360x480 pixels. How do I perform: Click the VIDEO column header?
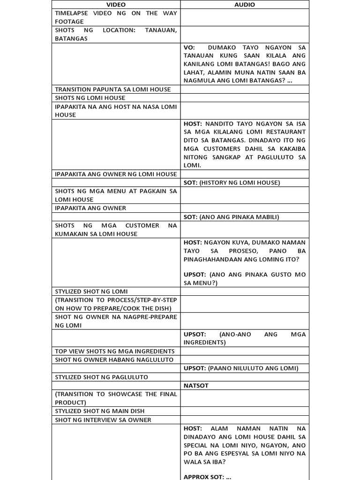point(116,5)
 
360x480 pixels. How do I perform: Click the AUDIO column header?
point(245,5)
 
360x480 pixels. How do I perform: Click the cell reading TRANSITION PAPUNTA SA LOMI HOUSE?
point(113,89)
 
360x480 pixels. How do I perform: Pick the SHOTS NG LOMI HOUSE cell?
point(90,98)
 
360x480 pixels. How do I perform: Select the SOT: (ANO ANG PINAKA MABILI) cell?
point(232,217)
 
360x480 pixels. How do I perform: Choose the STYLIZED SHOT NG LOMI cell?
point(91,292)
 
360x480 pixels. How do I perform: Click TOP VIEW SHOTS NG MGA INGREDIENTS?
point(114,351)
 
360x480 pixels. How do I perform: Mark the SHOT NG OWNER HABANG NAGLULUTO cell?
point(114,360)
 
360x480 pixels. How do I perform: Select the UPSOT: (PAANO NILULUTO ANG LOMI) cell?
point(240,368)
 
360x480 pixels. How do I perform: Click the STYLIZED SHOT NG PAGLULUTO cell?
point(101,377)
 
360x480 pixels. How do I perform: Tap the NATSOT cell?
point(196,386)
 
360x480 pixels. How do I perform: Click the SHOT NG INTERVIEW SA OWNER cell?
point(103,420)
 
